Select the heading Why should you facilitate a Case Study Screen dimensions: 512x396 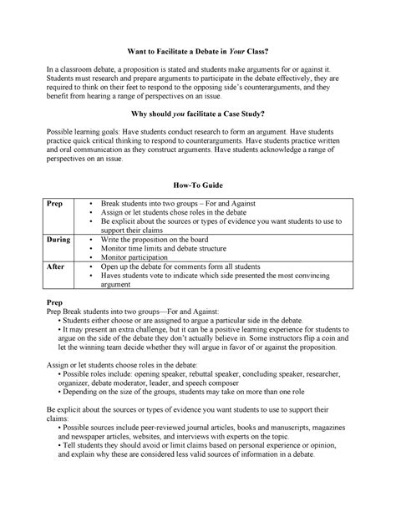(197, 112)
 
